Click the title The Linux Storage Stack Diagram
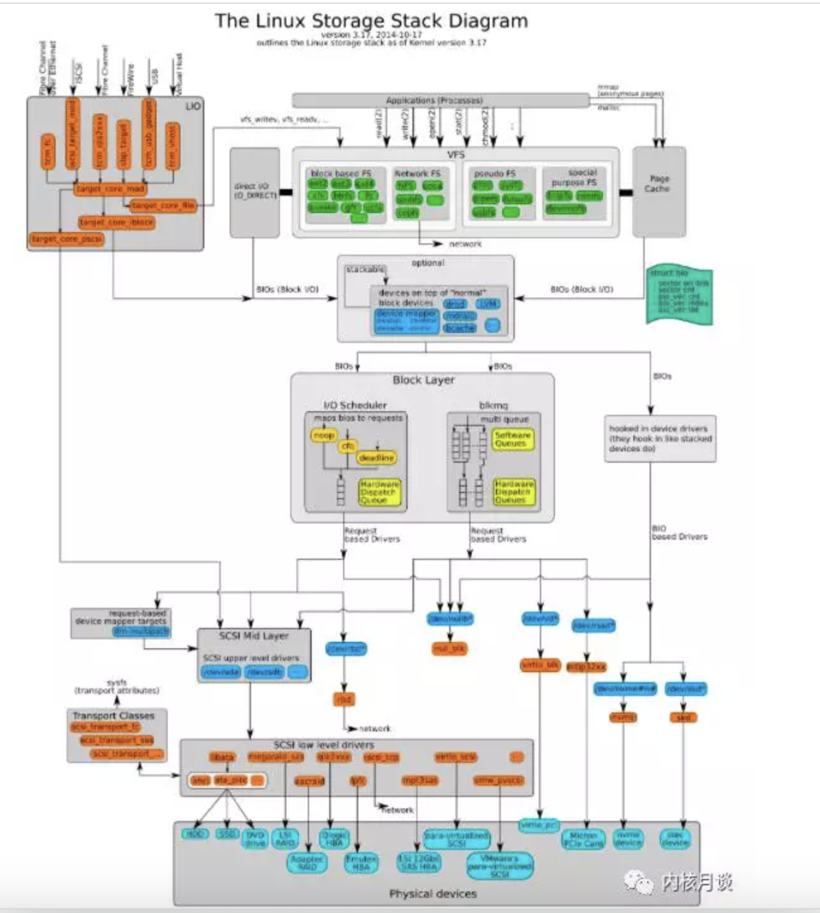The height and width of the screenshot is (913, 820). (x=371, y=21)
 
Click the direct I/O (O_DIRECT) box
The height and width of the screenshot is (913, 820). (x=255, y=192)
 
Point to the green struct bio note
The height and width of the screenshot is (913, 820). (x=679, y=295)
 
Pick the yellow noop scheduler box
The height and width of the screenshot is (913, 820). (x=324, y=435)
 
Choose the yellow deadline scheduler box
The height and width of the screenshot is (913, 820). (x=376, y=458)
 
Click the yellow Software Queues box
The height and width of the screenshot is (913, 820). (x=513, y=439)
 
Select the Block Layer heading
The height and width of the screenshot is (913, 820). (x=423, y=380)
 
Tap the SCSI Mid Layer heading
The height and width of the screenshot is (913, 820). (x=254, y=636)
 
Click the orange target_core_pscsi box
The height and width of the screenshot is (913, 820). (x=66, y=239)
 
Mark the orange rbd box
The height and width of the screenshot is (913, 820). (x=344, y=699)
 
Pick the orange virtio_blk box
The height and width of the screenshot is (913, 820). (x=540, y=665)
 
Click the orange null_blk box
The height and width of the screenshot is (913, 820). (x=449, y=648)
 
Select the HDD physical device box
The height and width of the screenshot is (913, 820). (x=194, y=834)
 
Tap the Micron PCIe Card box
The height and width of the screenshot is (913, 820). (x=583, y=839)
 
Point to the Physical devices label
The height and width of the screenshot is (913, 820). (x=433, y=893)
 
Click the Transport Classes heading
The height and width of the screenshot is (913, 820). (x=114, y=716)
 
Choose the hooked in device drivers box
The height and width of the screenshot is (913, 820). (x=660, y=438)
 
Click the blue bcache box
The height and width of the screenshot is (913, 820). (x=459, y=328)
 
